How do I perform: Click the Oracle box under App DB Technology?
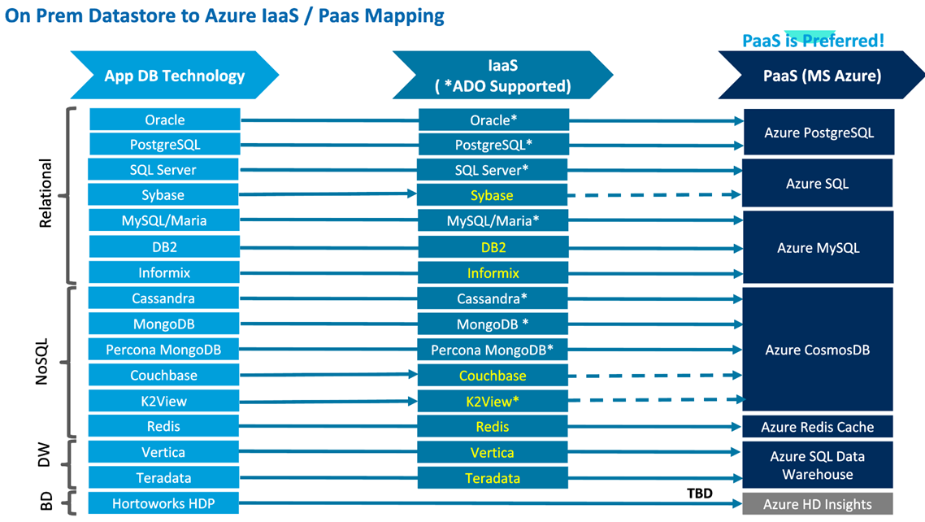(x=165, y=120)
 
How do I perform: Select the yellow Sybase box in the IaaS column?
(x=492, y=195)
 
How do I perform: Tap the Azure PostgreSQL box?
(x=819, y=133)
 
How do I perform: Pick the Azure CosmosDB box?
(x=818, y=350)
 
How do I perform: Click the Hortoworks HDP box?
(x=165, y=504)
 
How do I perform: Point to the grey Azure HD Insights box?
(x=817, y=504)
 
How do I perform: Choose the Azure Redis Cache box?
(x=818, y=427)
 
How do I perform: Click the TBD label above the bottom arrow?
(x=699, y=493)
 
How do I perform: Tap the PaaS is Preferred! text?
(x=813, y=40)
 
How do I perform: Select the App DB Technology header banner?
(x=174, y=76)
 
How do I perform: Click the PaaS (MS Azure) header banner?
(x=821, y=76)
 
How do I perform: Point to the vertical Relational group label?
(x=46, y=194)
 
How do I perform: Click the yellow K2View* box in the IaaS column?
(x=492, y=401)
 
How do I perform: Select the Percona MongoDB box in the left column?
(x=163, y=350)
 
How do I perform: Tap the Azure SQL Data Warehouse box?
(x=818, y=465)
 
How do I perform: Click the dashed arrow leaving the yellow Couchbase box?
(x=654, y=376)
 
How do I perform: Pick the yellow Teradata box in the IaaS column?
(x=492, y=478)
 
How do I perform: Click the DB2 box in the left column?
(x=165, y=247)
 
